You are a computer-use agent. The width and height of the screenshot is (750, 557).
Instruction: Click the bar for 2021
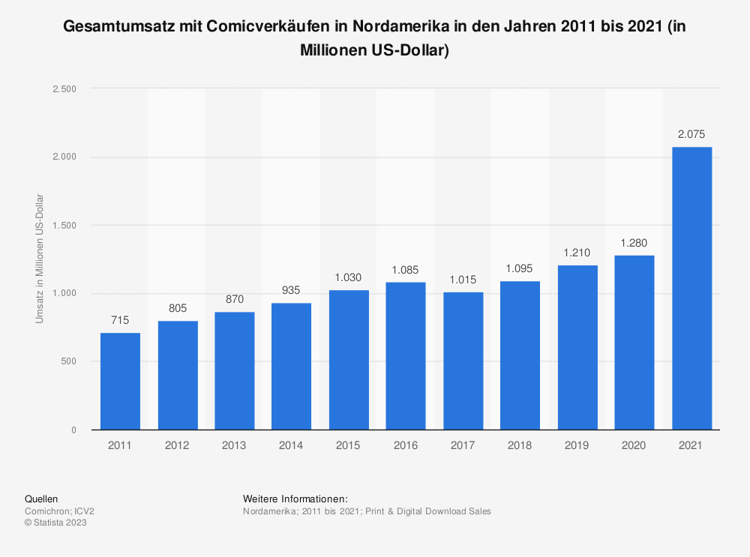click(691, 289)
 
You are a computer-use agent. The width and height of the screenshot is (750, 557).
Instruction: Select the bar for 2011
click(120, 382)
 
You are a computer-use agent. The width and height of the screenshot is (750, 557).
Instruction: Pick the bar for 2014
click(292, 367)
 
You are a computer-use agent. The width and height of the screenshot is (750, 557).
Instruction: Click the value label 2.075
click(691, 135)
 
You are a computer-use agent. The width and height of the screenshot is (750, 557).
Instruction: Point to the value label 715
click(120, 321)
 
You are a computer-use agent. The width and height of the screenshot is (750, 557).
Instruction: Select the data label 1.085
click(406, 270)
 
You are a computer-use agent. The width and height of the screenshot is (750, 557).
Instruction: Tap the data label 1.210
click(577, 253)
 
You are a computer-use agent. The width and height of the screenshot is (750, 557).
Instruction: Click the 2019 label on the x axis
click(577, 445)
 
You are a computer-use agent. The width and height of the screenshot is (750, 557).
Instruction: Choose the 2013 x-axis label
click(234, 445)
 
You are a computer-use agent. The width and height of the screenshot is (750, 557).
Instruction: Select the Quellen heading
click(41, 499)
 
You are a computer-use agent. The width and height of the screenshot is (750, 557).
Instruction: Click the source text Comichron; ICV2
click(59, 511)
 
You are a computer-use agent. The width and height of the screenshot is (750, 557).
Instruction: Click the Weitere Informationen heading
click(295, 499)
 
